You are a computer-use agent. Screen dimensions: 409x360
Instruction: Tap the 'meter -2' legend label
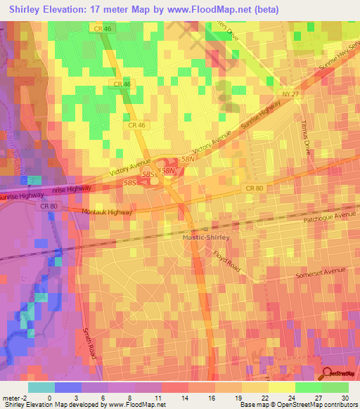pyautogui.click(x=14, y=396)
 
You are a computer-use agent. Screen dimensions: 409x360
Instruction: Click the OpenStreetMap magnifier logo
pyautogui.click(x=329, y=375)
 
